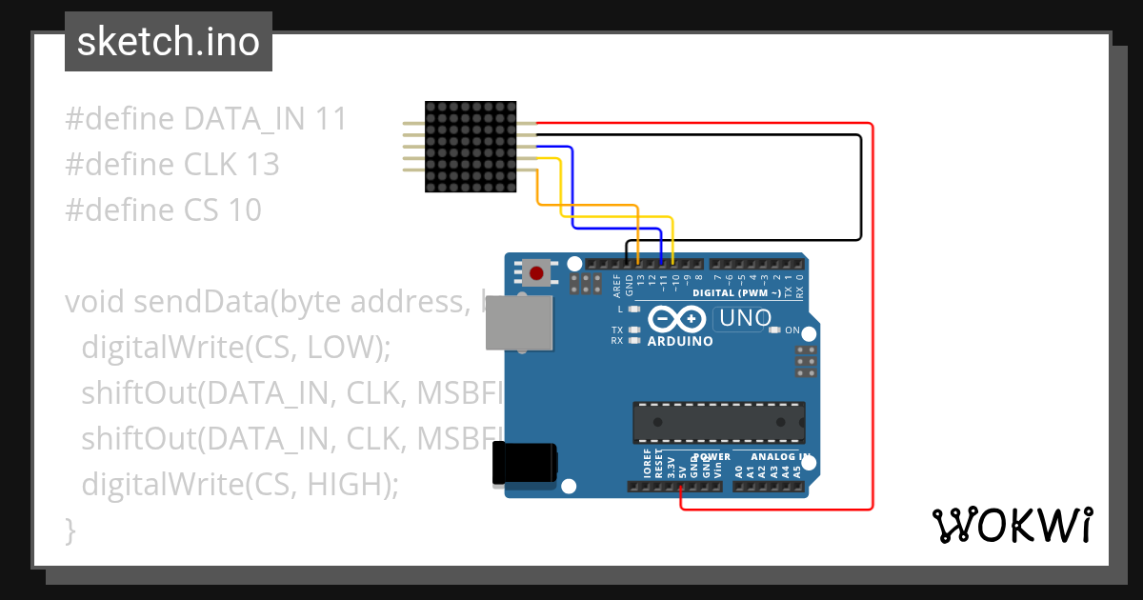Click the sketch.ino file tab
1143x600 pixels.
[x=168, y=42]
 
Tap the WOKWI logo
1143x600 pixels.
[x=1012, y=526]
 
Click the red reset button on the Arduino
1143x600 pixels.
[x=536, y=274]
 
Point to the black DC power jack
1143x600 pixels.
[x=523, y=466]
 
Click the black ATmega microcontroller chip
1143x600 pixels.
[x=719, y=422]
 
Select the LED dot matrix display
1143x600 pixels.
[x=471, y=147]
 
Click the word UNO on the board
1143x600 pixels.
[x=743, y=318]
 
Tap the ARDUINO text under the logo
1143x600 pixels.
[x=680, y=341]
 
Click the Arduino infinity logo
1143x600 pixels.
[x=677, y=319]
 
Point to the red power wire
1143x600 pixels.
[x=872, y=314]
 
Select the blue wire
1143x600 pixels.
[x=571, y=190]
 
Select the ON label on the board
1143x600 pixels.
[x=792, y=330]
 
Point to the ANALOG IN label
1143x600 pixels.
[x=773, y=456]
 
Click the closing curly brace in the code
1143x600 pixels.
[x=70, y=529]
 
